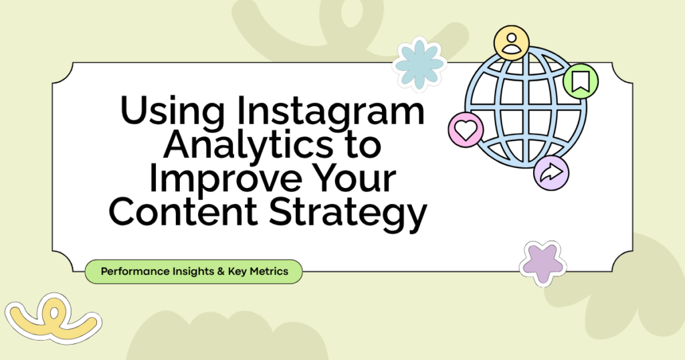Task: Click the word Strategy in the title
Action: click(347, 214)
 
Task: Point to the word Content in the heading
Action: click(183, 211)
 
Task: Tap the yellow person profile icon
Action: click(512, 43)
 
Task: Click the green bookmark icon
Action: click(581, 81)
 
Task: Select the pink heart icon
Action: click(466, 129)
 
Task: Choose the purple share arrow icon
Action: click(551, 173)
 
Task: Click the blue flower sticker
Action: click(419, 64)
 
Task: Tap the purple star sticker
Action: click(543, 263)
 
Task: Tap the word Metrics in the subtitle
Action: click(269, 271)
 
